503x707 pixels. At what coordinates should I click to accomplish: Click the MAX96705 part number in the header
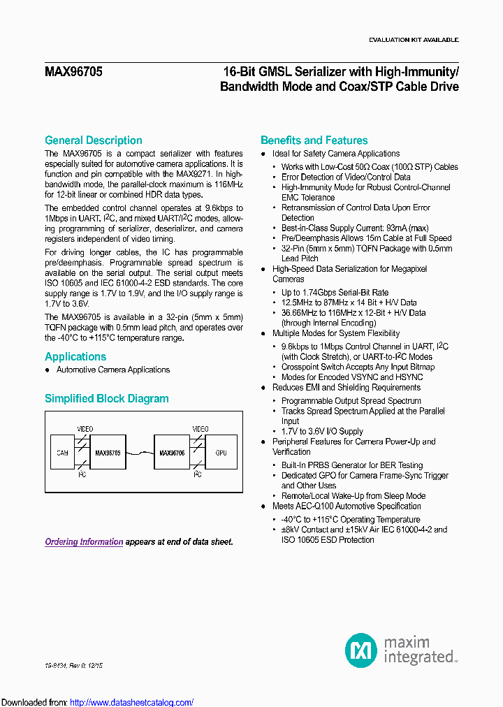pos(73,71)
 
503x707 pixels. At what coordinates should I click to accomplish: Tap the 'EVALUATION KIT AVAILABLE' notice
pos(414,40)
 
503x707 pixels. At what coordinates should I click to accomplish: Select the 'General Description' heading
pos(94,140)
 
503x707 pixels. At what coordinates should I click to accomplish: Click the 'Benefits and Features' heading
pos(314,140)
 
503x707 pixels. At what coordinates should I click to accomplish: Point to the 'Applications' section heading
pos(75,356)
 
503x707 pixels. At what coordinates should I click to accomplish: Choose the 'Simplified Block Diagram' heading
pos(107,399)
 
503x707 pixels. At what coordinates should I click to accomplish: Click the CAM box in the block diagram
pos(62,453)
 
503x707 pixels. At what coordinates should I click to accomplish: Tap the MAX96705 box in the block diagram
pos(108,453)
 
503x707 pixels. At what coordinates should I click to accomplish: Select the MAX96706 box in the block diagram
pos(172,453)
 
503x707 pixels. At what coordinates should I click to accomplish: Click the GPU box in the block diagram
pos(221,453)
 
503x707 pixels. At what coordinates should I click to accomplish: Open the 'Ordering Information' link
pos(84,541)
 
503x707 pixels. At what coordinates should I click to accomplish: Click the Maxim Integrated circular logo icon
pos(361,650)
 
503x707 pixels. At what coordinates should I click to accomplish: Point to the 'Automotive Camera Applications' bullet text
pos(113,370)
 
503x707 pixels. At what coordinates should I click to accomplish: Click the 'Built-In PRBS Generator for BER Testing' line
pos(352,465)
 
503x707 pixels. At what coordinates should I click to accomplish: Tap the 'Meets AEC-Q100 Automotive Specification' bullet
pos(347,506)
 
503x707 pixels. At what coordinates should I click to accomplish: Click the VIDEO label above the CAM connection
pos(85,428)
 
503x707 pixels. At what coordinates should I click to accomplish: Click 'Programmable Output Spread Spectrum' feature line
pos(351,401)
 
